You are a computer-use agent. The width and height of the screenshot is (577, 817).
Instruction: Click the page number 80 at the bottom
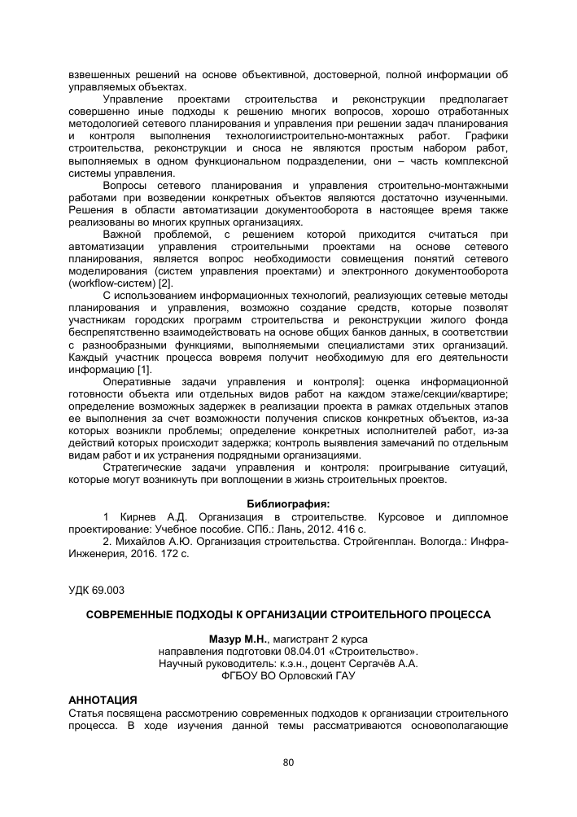(x=288, y=762)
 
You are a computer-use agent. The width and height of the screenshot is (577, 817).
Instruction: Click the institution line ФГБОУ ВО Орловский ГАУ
(x=288, y=675)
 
